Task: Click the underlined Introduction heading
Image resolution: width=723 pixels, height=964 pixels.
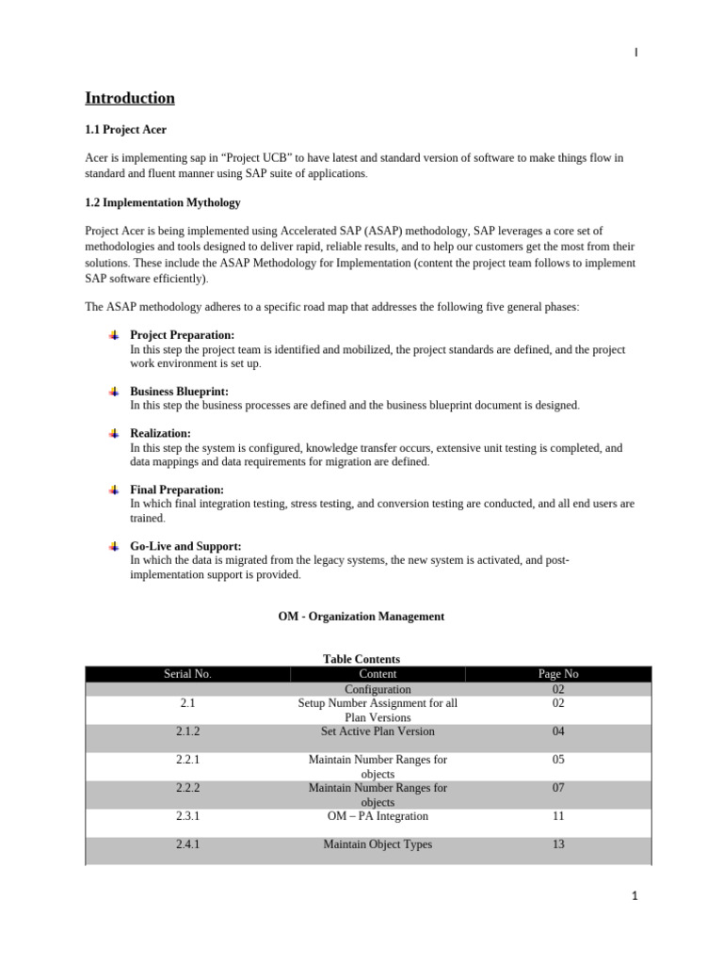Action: coord(130,98)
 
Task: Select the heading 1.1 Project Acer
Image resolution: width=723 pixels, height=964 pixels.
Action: coord(126,130)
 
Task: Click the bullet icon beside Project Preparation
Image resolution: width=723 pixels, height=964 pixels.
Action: coord(113,335)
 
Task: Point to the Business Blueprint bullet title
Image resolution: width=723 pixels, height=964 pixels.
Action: coord(179,392)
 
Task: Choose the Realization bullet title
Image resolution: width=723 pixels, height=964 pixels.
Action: coord(160,434)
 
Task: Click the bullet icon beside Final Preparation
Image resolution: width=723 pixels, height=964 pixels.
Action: coord(113,490)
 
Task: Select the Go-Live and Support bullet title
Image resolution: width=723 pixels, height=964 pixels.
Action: coord(185,546)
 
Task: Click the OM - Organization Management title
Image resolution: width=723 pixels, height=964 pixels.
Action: coord(361,617)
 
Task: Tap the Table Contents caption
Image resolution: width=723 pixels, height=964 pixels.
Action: coord(361,660)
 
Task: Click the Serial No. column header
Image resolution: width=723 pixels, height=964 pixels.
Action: coord(187,674)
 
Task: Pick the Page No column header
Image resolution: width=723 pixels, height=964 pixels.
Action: coord(558,674)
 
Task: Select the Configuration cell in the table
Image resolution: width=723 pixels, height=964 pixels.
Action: coord(378,689)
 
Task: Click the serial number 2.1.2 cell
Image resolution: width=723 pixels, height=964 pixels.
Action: coord(187,731)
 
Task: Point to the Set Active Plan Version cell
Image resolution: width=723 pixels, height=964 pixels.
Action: coord(378,731)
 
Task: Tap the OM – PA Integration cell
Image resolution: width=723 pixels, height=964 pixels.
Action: coord(378,816)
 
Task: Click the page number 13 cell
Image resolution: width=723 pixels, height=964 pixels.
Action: coord(558,844)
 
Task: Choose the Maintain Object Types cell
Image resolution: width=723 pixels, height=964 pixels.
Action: coord(378,844)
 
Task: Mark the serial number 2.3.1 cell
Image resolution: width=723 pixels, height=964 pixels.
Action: coord(187,816)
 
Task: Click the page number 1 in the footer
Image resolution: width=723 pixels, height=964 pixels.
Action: coord(635,896)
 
